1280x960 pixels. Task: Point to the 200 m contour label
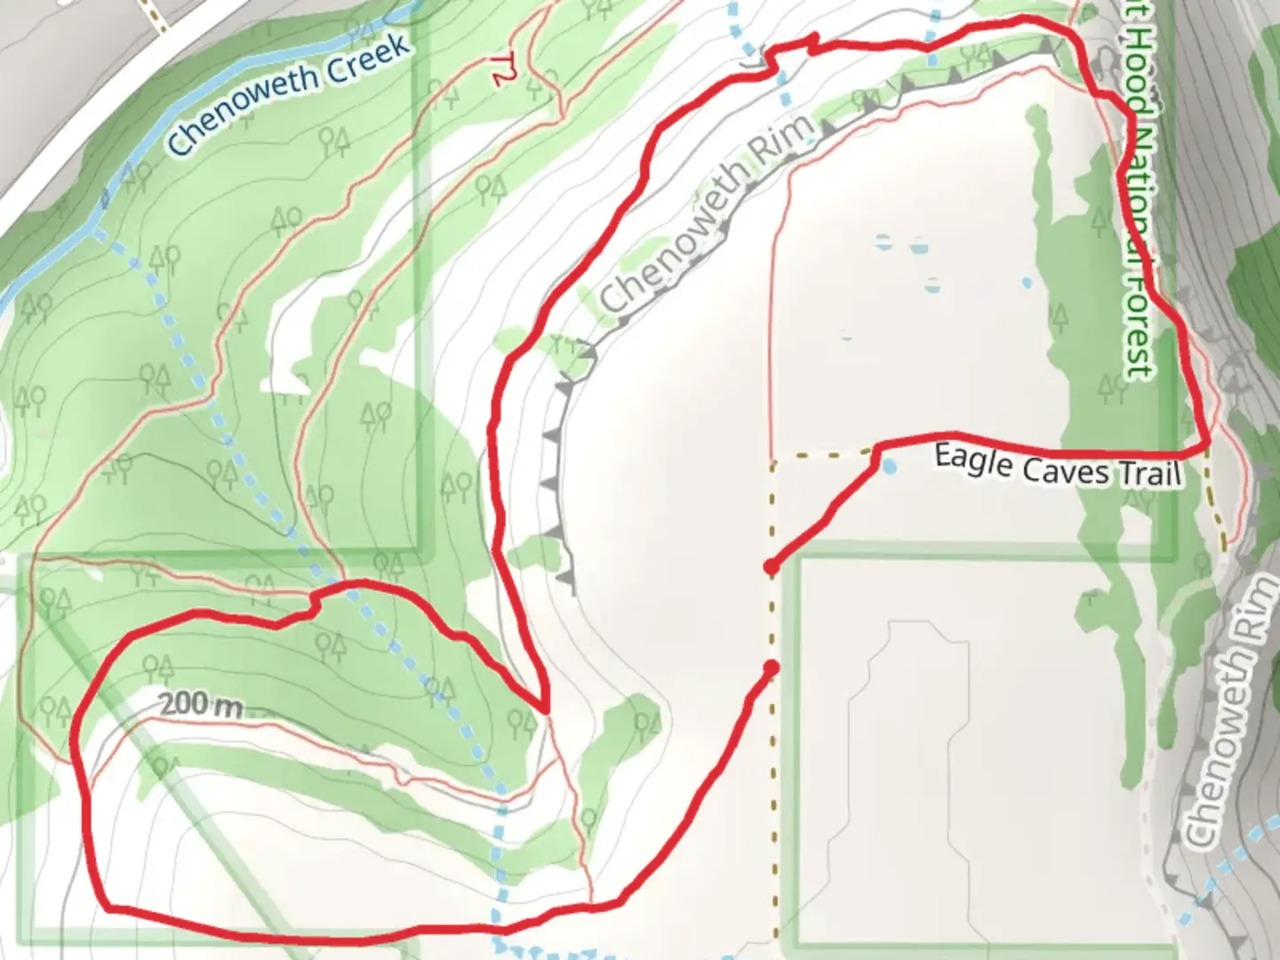[x=202, y=705]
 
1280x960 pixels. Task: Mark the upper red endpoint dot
[x=772, y=567]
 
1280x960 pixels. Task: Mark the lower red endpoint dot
[x=771, y=668]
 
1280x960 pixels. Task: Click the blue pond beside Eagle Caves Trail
[x=889, y=467]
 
